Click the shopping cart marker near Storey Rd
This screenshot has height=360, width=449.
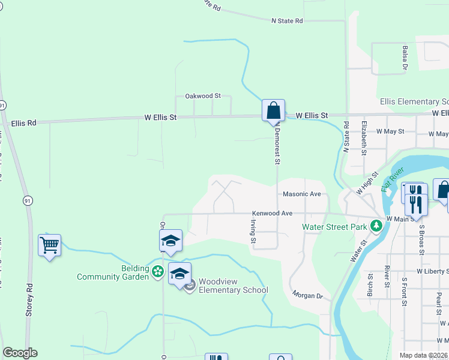point(50,245)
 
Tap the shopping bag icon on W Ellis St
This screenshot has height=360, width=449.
point(273,110)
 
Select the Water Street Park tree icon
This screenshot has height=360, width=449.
point(376,226)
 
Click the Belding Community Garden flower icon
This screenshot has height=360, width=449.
point(158,272)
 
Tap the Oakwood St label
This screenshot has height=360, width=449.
point(203,96)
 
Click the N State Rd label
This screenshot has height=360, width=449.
point(287,21)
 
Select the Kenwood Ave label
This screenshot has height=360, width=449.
point(272,214)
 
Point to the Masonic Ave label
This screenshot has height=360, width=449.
point(303,194)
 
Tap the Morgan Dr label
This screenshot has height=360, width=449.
point(308,295)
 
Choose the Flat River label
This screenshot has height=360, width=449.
point(393,181)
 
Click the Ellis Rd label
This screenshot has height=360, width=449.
point(23,123)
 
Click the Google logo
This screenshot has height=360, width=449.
point(20,353)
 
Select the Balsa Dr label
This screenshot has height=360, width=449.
point(405,58)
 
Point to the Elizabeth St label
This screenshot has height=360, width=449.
point(364,137)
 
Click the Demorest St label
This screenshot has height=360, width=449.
point(277,146)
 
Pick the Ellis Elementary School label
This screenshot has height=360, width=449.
point(414,102)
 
